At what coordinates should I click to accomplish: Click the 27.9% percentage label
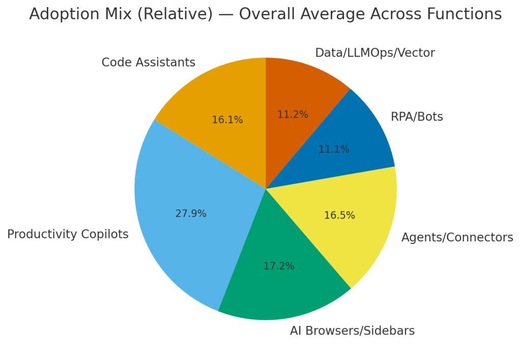click(191, 214)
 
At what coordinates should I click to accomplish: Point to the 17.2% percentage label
click(279, 266)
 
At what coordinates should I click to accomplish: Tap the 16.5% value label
click(339, 215)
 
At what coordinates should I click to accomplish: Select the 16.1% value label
click(227, 120)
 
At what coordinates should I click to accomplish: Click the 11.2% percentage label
click(293, 115)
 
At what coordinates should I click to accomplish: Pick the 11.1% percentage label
click(334, 150)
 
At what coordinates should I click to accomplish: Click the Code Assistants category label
click(148, 63)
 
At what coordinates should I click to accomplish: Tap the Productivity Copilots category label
click(68, 235)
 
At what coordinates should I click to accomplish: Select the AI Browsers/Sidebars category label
click(352, 331)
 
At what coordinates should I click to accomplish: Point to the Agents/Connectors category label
click(457, 238)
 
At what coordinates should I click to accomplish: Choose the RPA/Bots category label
click(417, 117)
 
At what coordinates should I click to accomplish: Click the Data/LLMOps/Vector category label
click(375, 53)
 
